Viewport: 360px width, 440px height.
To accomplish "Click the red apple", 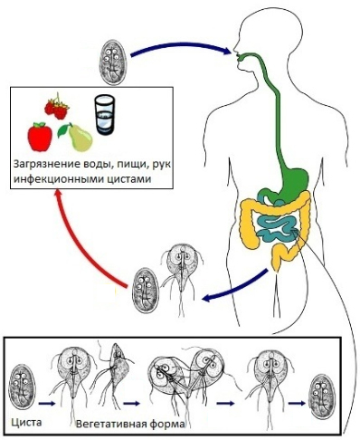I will (x=39, y=137).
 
